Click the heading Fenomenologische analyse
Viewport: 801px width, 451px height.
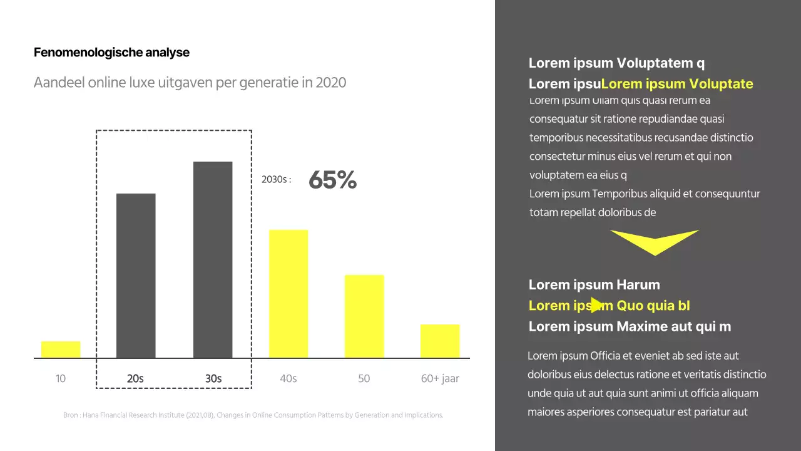tap(111, 53)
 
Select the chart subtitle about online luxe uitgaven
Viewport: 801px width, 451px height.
tap(190, 83)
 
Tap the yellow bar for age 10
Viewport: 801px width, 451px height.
tap(61, 350)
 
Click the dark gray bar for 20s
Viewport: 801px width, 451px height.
tap(136, 276)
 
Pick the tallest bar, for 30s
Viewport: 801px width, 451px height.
tap(213, 260)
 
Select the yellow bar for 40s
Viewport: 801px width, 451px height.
tap(288, 294)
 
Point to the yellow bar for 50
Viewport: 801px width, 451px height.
tap(364, 316)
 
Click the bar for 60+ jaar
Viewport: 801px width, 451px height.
tap(440, 341)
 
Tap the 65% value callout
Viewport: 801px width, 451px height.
tap(332, 180)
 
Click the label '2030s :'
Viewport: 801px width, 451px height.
tap(276, 180)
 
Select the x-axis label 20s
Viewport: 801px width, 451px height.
tap(135, 378)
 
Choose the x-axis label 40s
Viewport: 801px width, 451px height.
tap(288, 378)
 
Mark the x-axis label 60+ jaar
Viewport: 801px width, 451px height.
tap(440, 378)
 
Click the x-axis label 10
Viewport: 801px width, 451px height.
tap(61, 378)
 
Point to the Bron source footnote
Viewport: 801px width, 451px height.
tap(253, 415)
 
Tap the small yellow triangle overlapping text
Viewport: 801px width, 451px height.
tap(597, 305)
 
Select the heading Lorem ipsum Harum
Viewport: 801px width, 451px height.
tap(594, 284)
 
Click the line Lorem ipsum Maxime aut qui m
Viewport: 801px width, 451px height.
tap(630, 326)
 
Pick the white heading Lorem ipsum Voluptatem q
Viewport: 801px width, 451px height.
tap(616, 63)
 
